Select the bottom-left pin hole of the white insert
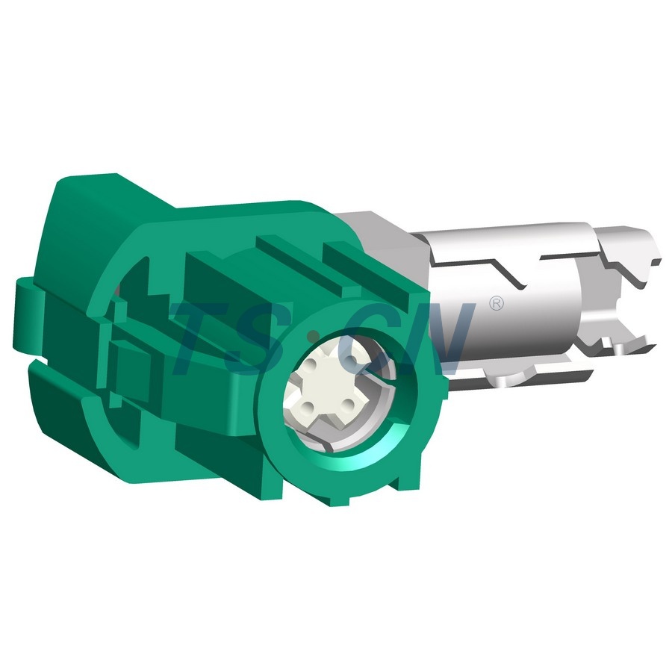(308, 405)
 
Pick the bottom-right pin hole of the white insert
(349, 403)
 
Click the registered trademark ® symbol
(497, 303)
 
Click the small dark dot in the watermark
(314, 334)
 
